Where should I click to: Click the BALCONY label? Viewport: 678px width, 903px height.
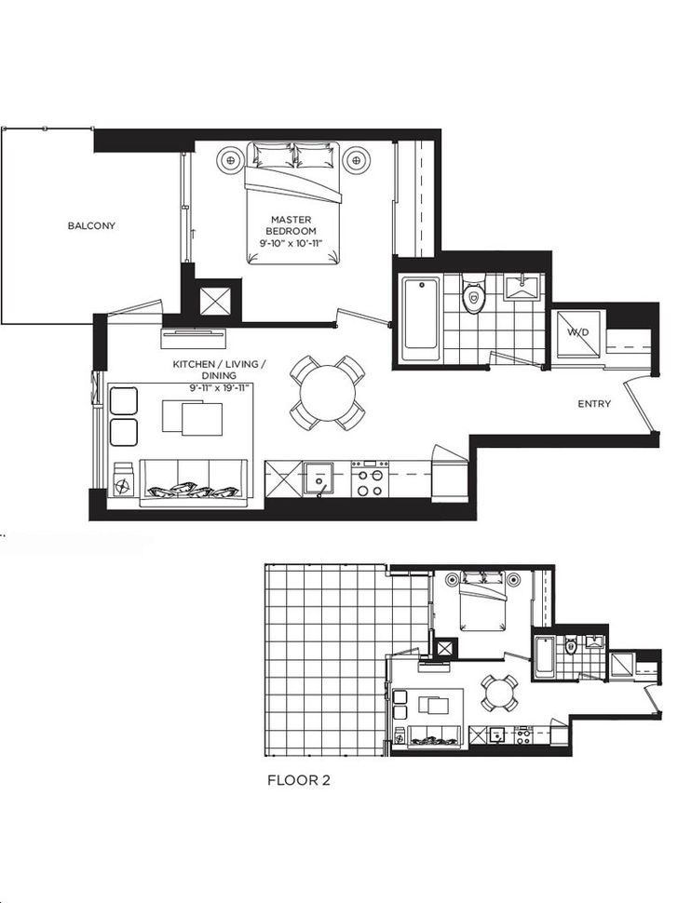tap(91, 225)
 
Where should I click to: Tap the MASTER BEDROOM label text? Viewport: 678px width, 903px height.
tap(291, 225)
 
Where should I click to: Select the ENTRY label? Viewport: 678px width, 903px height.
tap(594, 404)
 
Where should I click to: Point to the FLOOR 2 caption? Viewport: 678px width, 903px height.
tap(299, 780)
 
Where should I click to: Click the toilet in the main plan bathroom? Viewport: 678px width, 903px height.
tap(473, 292)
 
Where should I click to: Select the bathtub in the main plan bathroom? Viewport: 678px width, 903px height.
tap(421, 313)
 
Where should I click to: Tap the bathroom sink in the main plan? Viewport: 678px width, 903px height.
tap(521, 288)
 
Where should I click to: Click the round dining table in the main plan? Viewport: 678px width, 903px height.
tap(327, 394)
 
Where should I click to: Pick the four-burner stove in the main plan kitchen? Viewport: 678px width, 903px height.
tap(370, 478)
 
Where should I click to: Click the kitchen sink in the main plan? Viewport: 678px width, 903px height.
tap(318, 478)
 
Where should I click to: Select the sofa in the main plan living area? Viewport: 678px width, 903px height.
tap(195, 482)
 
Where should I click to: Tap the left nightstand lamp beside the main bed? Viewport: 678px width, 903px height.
tap(230, 158)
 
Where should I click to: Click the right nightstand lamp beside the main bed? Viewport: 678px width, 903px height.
tap(356, 158)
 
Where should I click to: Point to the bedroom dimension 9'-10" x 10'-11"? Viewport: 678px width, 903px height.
tap(291, 243)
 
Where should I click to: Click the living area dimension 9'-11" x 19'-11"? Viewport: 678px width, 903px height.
tap(220, 387)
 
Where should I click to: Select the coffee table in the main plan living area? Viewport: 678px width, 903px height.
tap(193, 417)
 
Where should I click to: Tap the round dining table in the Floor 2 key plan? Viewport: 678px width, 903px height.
tap(499, 693)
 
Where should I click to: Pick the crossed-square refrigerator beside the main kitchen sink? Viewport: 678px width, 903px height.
tap(282, 478)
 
